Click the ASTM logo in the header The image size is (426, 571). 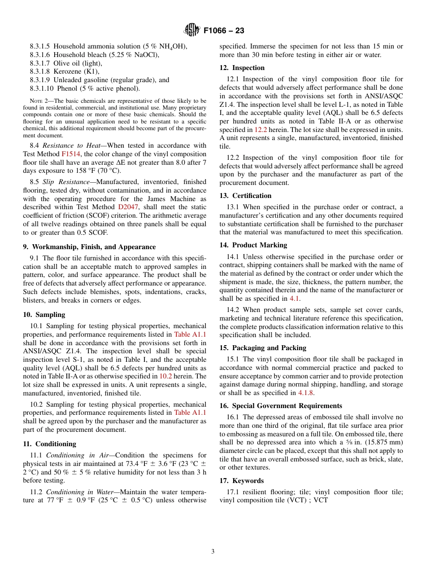(x=191, y=31)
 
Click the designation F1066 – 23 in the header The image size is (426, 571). (x=224, y=31)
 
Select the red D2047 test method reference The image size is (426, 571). (x=127, y=207)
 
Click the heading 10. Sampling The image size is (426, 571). (x=44, y=315)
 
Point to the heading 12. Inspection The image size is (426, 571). (x=242, y=68)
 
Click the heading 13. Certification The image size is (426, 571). (x=245, y=196)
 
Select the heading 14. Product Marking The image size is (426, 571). (x=253, y=245)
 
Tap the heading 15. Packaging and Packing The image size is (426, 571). (x=263, y=348)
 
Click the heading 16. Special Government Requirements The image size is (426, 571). (x=281, y=406)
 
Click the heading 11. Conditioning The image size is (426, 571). (x=49, y=444)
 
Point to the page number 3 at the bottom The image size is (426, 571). (x=213, y=552)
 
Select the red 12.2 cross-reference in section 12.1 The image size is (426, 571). (x=261, y=130)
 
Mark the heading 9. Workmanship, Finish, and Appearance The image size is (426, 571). (x=89, y=247)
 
